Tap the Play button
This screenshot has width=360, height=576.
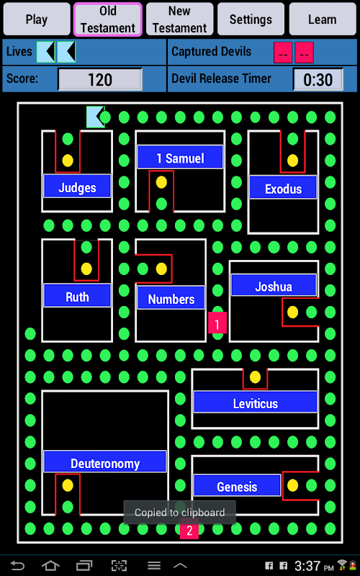37,19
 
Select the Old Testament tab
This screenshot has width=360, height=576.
107,19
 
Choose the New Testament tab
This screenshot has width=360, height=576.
179,19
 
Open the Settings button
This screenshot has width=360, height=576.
251,19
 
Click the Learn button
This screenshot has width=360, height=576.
322,19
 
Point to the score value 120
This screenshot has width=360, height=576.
100,79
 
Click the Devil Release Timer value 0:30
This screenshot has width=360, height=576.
318,79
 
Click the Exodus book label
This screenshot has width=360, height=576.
283,188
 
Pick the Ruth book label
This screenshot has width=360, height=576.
77,296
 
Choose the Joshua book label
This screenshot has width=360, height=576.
274,285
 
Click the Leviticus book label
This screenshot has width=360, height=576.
256,402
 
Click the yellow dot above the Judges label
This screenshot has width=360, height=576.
68,160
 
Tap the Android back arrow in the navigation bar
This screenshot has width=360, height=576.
17,565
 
